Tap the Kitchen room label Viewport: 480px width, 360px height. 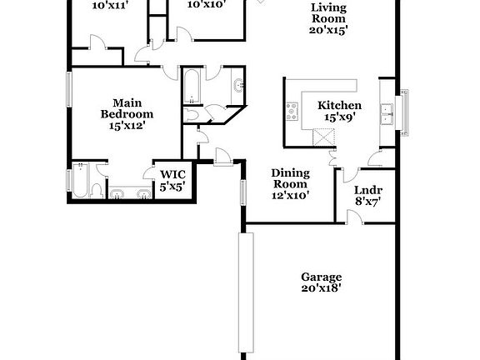pos(339,106)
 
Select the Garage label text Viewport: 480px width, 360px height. pos(322,277)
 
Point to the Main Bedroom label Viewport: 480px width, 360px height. pos(127,107)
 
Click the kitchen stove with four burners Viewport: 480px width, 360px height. pos(292,110)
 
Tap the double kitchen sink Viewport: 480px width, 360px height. pos(386,112)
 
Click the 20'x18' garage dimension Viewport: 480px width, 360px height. pos(322,288)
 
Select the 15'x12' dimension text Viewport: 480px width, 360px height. pos(127,126)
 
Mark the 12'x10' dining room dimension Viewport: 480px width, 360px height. pos(290,196)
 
